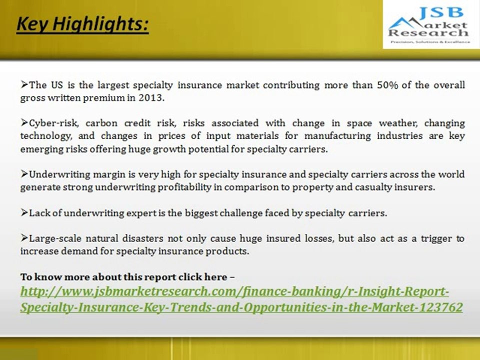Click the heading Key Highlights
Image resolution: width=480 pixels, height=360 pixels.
pos(82,24)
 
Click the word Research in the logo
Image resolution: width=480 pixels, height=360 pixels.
pos(428,33)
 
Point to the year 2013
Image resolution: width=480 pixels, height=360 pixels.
pos(150,98)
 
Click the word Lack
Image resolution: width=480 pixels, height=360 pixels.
pos(39,213)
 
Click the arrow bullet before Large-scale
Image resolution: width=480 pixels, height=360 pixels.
pos(24,238)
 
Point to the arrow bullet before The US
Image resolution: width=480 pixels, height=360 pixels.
pos(24,85)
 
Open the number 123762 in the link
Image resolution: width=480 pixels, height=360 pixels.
pos(440,307)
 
